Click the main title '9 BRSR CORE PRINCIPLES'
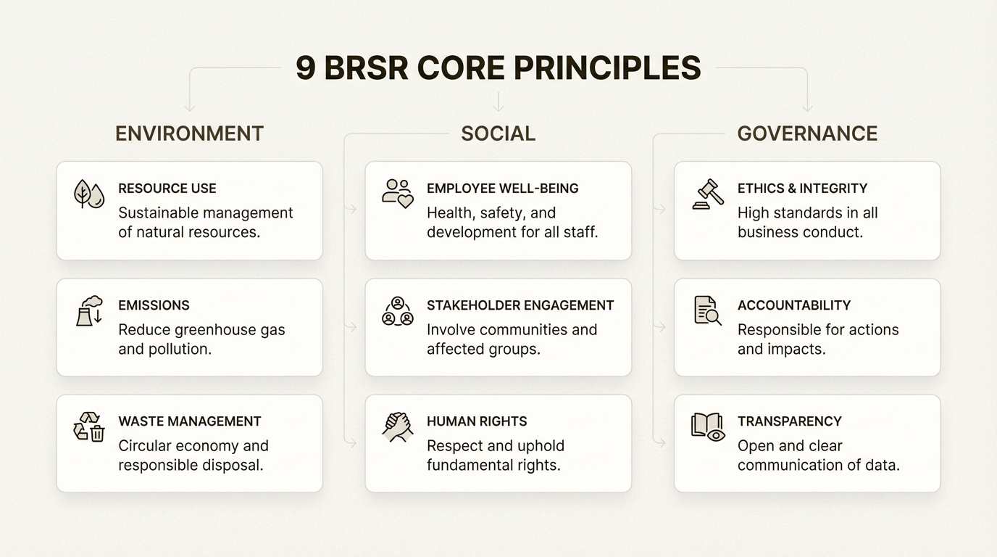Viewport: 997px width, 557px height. click(498, 68)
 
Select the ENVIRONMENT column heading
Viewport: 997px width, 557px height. click(189, 133)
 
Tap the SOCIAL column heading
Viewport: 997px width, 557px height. click(498, 133)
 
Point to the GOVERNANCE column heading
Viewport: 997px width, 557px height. click(807, 133)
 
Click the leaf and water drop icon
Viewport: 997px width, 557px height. click(89, 194)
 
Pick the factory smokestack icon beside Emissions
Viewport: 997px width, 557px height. click(89, 310)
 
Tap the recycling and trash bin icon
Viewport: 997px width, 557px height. click(89, 426)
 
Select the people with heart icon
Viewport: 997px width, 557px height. click(397, 194)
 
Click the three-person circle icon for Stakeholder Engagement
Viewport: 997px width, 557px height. click(397, 310)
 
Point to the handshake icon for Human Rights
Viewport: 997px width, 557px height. click(397, 426)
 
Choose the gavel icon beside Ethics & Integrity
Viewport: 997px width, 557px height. click(707, 194)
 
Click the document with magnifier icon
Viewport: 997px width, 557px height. click(707, 310)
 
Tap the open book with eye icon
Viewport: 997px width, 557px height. click(707, 426)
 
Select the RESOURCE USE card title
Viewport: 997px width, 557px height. click(167, 189)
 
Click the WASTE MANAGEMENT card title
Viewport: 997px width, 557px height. click(190, 421)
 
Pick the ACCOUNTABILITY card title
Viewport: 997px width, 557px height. click(794, 305)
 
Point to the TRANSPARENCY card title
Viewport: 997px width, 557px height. click(790, 421)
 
